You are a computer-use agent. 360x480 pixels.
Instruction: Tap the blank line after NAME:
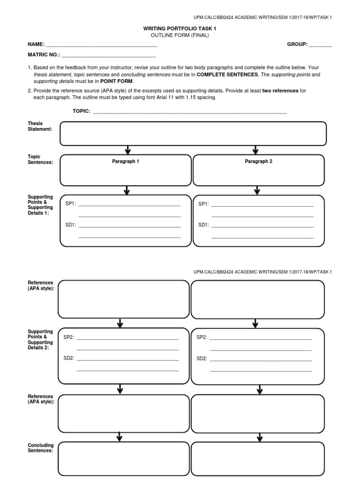tap(101, 45)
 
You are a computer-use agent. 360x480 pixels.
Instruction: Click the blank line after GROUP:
tap(320, 45)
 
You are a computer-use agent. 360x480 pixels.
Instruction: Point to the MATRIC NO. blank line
tap(105, 55)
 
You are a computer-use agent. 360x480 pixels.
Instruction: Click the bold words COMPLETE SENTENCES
tap(227, 75)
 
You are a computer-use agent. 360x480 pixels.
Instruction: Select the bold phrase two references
tap(280, 91)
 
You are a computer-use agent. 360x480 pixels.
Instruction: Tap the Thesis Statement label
tap(40, 126)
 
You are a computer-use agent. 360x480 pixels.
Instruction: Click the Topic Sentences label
tap(40, 159)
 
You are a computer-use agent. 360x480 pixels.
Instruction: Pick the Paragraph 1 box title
tap(125, 161)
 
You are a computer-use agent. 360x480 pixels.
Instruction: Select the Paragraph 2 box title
tap(258, 161)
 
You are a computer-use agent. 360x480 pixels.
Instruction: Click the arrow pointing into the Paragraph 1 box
tap(127, 150)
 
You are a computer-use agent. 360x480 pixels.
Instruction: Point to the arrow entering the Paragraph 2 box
tap(255, 150)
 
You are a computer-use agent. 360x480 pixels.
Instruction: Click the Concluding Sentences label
tap(41, 448)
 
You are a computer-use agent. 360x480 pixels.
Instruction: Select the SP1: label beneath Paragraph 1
tap(71, 204)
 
